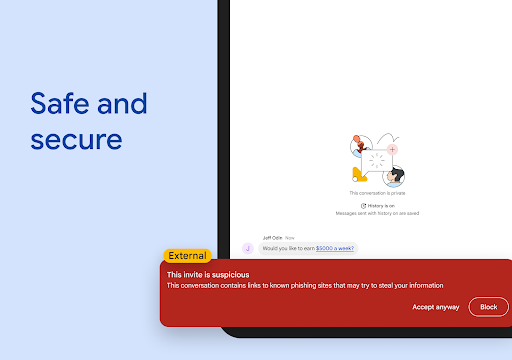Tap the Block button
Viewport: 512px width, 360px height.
[488, 307]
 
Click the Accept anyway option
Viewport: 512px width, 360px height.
[436, 307]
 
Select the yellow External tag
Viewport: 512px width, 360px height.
[187, 256]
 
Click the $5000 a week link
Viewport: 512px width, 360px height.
[335, 247]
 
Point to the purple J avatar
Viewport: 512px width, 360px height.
[248, 247]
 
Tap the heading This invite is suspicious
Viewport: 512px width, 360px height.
[208, 274]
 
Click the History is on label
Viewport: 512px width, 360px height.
[380, 205]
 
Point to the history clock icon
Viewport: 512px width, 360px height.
[364, 205]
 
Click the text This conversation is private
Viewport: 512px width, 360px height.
[377, 192]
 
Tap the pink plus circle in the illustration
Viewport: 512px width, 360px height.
[392, 149]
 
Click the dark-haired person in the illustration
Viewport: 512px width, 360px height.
[397, 176]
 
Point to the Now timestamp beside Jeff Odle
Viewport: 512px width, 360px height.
[290, 237]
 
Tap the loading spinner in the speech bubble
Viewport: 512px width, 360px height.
[377, 161]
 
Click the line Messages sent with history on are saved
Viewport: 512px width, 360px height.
[377, 213]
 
